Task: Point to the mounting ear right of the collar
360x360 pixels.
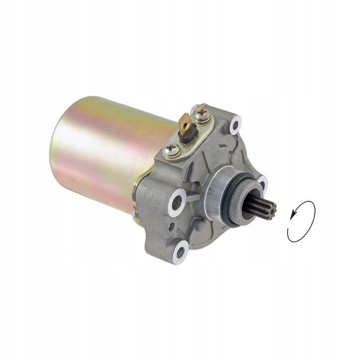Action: click(262, 182)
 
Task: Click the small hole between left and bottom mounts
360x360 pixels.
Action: click(172, 226)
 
